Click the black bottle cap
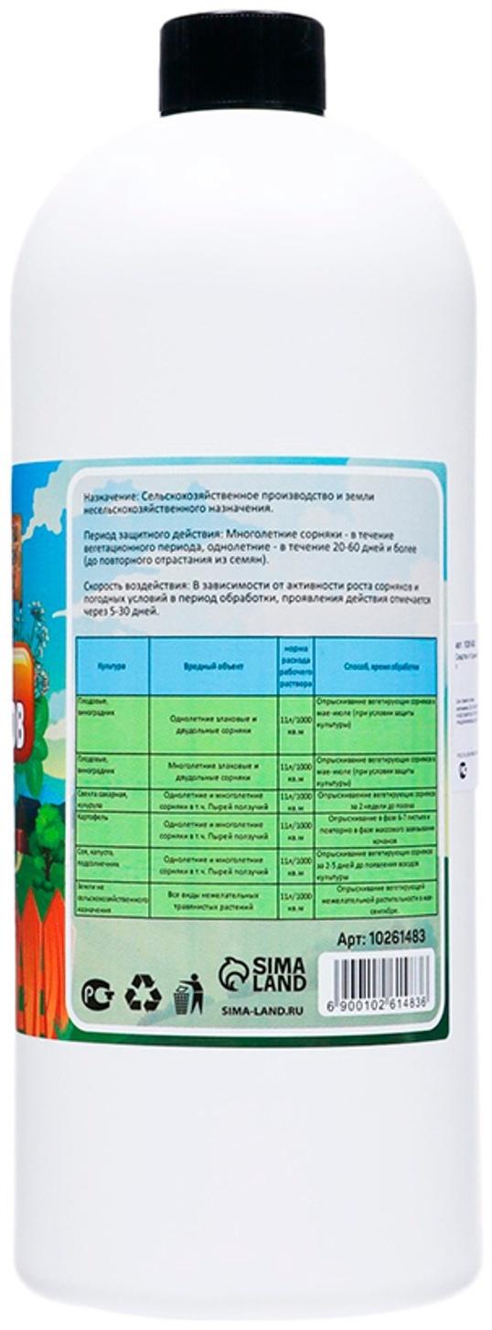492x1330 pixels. pos(242,62)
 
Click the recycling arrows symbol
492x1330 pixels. pos(143,992)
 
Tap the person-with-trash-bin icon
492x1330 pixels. pos(188,993)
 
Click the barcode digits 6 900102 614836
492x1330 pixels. pos(379,1004)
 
